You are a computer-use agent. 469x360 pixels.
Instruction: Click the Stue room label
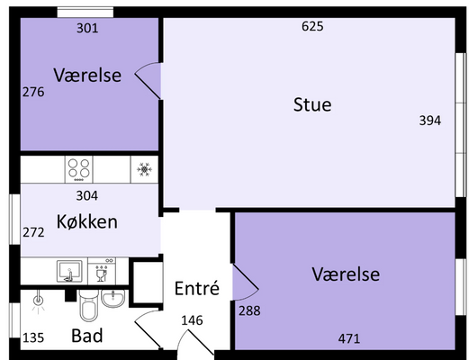point(312,104)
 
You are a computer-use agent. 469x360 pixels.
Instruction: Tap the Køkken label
point(87,221)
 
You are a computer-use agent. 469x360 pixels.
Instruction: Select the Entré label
point(197,288)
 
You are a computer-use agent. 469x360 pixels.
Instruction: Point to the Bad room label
point(87,336)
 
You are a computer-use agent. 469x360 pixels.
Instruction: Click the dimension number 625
point(312,26)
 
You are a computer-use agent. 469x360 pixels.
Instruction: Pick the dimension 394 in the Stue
point(430,121)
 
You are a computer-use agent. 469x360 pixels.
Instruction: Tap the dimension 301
point(87,28)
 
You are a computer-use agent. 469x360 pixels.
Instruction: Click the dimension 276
point(33,92)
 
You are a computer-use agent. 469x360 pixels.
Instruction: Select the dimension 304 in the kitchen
point(87,195)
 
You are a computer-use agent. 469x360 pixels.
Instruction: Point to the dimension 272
point(33,232)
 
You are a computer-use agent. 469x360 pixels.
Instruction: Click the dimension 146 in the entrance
point(192,320)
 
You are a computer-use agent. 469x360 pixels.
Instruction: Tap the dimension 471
point(349,338)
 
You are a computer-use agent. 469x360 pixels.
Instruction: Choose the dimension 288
point(249,310)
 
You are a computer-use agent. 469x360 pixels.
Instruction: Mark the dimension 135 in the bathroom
point(33,337)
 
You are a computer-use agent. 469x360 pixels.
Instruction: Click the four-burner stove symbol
point(79,169)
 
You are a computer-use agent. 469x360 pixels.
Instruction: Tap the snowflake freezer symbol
point(144,169)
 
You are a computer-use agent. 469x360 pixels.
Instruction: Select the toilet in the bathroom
point(89,305)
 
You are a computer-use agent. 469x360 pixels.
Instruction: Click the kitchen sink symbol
point(69,271)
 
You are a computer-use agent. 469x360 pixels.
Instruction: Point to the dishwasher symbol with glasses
point(102,271)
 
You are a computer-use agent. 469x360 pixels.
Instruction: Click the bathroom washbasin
point(113,298)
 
